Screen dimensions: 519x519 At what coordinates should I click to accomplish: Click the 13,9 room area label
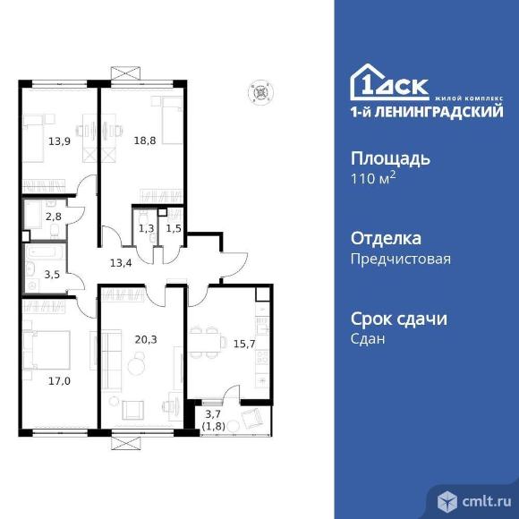tap(59, 141)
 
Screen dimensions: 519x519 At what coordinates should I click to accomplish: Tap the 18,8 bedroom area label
tap(145, 140)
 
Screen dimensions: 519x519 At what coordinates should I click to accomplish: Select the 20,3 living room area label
tap(146, 340)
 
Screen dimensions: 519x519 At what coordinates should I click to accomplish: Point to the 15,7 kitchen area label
tap(244, 345)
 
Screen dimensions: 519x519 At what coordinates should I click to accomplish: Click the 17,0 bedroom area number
tap(59, 381)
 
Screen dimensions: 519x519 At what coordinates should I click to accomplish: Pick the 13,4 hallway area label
tap(121, 263)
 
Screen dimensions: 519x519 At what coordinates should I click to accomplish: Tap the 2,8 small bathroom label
tap(54, 217)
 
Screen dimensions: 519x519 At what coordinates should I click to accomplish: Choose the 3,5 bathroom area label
tap(52, 275)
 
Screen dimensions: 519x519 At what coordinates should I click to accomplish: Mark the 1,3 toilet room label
tap(146, 228)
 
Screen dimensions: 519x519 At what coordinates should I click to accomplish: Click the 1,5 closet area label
tap(174, 228)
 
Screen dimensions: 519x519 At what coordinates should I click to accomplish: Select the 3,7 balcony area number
tap(213, 414)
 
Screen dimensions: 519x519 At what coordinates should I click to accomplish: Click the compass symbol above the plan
tap(260, 92)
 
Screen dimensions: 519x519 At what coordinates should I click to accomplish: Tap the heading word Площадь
tap(390, 160)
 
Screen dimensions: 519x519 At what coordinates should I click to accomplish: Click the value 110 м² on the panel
tap(373, 179)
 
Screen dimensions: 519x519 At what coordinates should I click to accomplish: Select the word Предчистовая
tap(401, 259)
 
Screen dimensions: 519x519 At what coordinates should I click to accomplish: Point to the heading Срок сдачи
tap(399, 319)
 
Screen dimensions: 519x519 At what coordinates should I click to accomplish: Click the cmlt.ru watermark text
tap(486, 502)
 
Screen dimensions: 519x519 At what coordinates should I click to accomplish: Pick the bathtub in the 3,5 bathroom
tap(46, 253)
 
